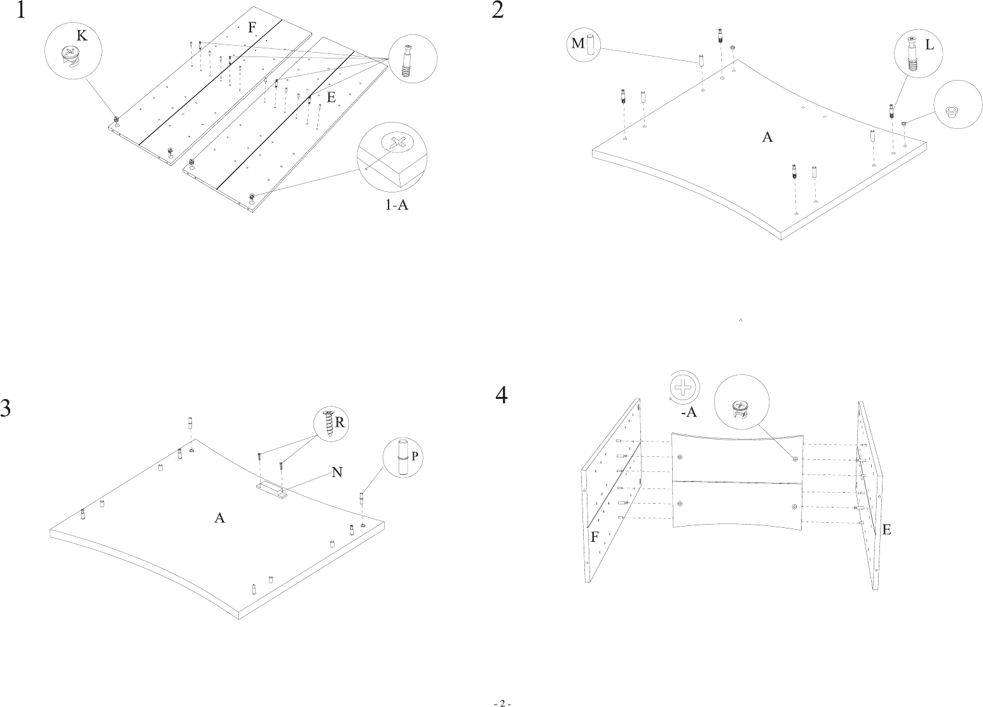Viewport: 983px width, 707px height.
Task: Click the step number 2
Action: (x=498, y=10)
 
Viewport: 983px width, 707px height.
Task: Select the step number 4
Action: (x=502, y=395)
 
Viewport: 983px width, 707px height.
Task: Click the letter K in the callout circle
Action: (x=82, y=36)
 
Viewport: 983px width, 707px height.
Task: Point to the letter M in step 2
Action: (x=578, y=43)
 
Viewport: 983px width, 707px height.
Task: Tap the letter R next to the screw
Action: (x=340, y=422)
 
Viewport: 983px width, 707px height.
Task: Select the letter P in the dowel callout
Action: (x=415, y=456)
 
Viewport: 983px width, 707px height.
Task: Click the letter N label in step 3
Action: (x=338, y=472)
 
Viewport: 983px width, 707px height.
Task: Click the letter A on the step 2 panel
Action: (x=767, y=137)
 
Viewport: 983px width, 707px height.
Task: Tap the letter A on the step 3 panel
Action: (x=219, y=518)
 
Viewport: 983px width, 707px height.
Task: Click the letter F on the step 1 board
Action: (x=252, y=27)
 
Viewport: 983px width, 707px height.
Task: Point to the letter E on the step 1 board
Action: (x=331, y=98)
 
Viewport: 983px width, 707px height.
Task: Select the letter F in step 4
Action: (x=595, y=537)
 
